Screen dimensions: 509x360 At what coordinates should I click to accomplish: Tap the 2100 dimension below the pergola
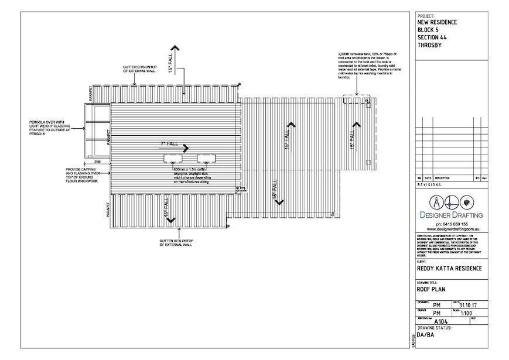97,161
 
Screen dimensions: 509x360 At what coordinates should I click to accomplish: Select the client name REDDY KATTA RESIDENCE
448,268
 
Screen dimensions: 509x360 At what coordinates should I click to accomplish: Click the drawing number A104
438,322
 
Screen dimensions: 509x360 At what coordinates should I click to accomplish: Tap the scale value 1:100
467,314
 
